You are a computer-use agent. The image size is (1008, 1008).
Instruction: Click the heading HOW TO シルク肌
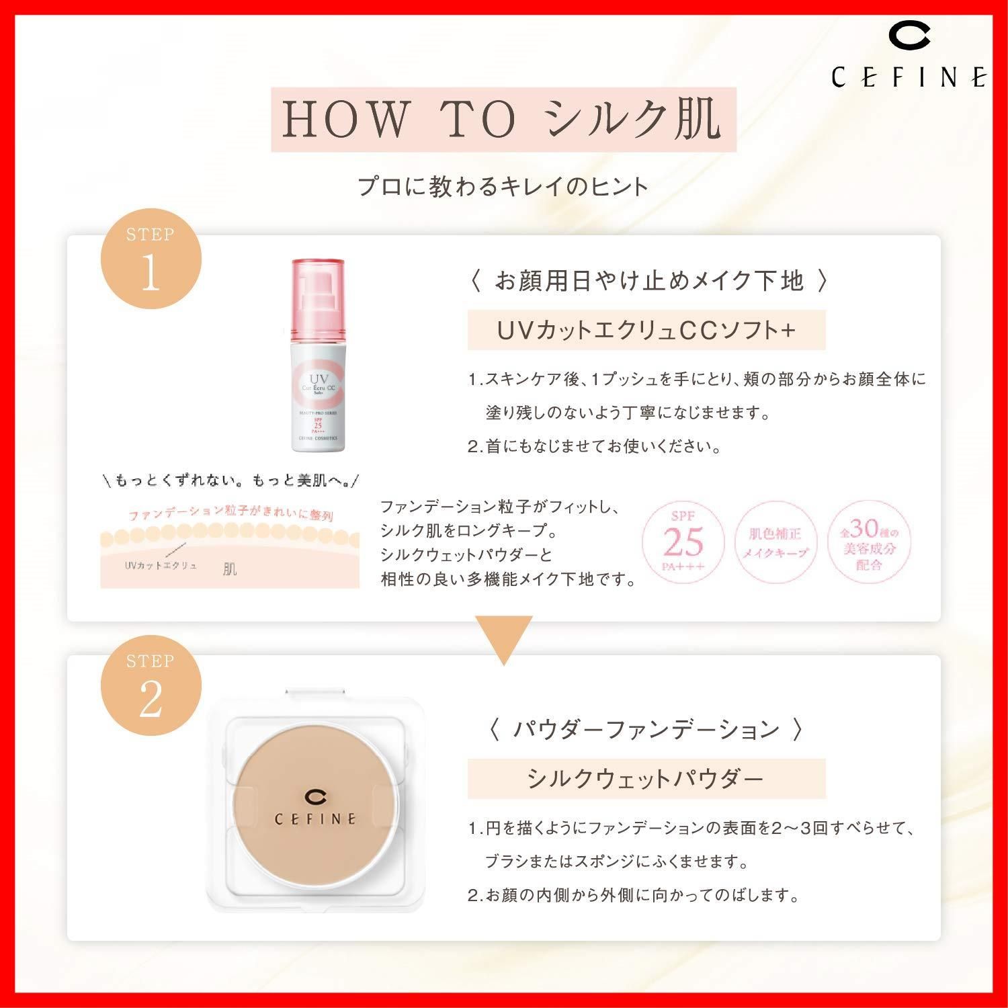point(503,120)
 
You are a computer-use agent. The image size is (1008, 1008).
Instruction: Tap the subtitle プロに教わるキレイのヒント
point(503,186)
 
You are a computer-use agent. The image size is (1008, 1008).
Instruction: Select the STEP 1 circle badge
point(151,259)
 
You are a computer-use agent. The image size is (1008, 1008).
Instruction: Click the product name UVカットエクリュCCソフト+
point(646,330)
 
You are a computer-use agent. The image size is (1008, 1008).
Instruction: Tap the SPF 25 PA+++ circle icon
point(683,541)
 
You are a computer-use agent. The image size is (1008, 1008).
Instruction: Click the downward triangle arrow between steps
point(504,638)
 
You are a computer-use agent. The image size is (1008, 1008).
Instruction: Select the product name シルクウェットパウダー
point(646,779)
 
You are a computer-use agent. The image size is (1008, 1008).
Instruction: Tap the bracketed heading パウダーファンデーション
point(646,729)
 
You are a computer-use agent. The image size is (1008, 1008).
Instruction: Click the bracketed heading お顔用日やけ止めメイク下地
point(648,281)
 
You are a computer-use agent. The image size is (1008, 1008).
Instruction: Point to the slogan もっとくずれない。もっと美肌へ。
point(230,480)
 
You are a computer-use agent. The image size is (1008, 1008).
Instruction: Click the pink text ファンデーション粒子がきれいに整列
point(230,515)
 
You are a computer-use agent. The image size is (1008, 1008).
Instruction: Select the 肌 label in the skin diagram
point(230,569)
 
